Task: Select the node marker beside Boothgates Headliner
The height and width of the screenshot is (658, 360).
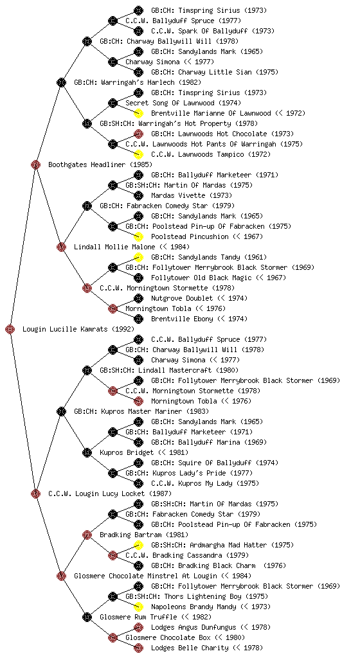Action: click(x=35, y=164)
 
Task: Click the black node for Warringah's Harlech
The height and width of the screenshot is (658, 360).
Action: click(x=61, y=82)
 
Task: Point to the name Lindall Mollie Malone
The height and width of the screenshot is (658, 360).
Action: click(x=114, y=247)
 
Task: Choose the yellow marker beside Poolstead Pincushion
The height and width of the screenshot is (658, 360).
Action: click(x=138, y=236)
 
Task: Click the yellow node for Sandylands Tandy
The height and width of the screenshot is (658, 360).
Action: click(x=138, y=257)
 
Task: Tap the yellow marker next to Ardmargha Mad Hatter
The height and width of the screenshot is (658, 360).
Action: click(x=138, y=545)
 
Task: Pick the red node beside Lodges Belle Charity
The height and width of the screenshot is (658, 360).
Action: click(x=138, y=648)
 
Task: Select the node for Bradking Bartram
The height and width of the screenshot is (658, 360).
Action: click(x=87, y=535)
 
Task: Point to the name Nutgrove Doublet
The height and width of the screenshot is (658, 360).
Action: click(x=182, y=298)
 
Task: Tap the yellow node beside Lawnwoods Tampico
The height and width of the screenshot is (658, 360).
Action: click(x=138, y=154)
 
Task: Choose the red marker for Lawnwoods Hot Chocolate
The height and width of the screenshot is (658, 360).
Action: click(x=138, y=134)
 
